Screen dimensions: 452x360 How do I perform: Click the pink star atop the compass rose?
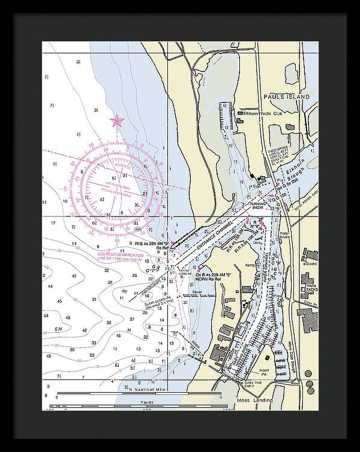point(116,122)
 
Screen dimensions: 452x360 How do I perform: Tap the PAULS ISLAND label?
point(286,97)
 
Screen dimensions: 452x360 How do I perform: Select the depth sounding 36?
point(108,322)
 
